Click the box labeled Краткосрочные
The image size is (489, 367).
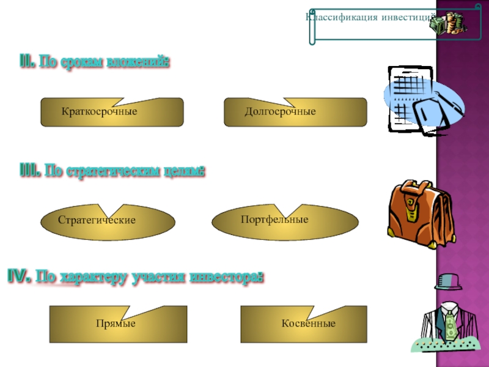[x=112, y=113]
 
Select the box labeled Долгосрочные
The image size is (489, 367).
[x=296, y=113]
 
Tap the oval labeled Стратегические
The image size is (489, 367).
[x=108, y=220]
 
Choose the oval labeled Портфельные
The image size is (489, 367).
[x=285, y=220]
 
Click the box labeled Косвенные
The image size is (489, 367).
[x=304, y=322]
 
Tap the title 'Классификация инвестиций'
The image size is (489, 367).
[x=370, y=17]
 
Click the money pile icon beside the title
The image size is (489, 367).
[x=450, y=23]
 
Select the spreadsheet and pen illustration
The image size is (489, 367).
[x=422, y=100]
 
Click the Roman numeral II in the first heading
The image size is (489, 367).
[x=26, y=62]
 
